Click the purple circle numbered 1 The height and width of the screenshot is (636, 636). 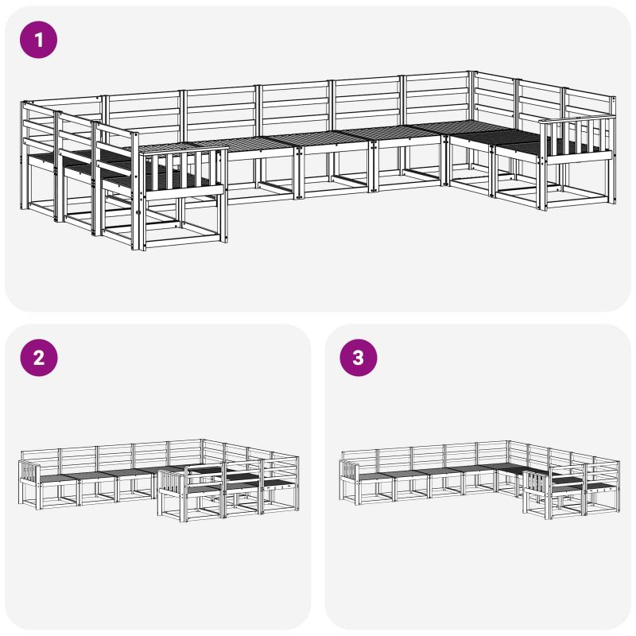coord(38,40)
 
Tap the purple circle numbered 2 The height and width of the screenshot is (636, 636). coord(38,358)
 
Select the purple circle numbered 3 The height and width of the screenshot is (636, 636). coord(359,358)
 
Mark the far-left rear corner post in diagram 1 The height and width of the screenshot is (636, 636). coord(23,155)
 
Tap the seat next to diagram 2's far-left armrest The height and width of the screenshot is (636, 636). coord(56,479)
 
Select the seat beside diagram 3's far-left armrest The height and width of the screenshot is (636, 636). coord(375,475)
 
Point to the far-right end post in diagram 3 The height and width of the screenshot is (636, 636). coord(619,487)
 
